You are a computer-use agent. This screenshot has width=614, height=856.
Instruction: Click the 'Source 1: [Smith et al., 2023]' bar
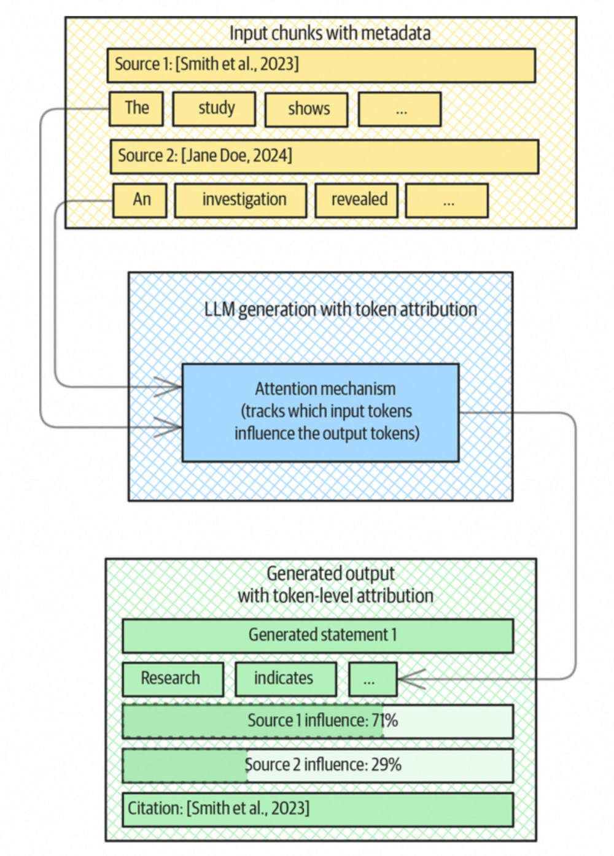321,65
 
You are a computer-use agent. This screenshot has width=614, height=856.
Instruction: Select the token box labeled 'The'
136,109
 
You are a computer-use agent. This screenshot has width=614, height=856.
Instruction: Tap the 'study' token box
214,109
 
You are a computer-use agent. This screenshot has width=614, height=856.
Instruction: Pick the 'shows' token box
306,110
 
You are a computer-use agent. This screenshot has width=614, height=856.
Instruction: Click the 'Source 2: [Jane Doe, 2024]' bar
324,156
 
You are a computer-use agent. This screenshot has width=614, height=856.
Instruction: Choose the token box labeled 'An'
140,200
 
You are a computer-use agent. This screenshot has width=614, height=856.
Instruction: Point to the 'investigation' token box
241,200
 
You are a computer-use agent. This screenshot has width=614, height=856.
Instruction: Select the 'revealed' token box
357,200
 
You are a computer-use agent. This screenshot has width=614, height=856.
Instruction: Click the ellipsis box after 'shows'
400,110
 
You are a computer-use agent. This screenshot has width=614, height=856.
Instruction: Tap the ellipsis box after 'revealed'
447,200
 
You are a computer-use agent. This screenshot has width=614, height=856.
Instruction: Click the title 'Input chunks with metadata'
330,33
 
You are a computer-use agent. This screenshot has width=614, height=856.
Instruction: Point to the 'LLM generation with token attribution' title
340,309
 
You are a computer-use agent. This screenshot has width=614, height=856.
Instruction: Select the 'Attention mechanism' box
321,412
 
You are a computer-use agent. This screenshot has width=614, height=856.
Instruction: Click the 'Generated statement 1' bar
318,635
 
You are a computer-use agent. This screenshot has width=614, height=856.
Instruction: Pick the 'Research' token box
173,679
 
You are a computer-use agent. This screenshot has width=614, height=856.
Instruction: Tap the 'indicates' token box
286,679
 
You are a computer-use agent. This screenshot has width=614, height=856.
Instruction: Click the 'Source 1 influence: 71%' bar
318,721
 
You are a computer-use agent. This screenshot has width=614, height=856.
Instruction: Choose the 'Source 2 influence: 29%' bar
318,765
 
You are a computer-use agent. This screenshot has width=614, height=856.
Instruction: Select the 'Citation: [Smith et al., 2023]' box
318,809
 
